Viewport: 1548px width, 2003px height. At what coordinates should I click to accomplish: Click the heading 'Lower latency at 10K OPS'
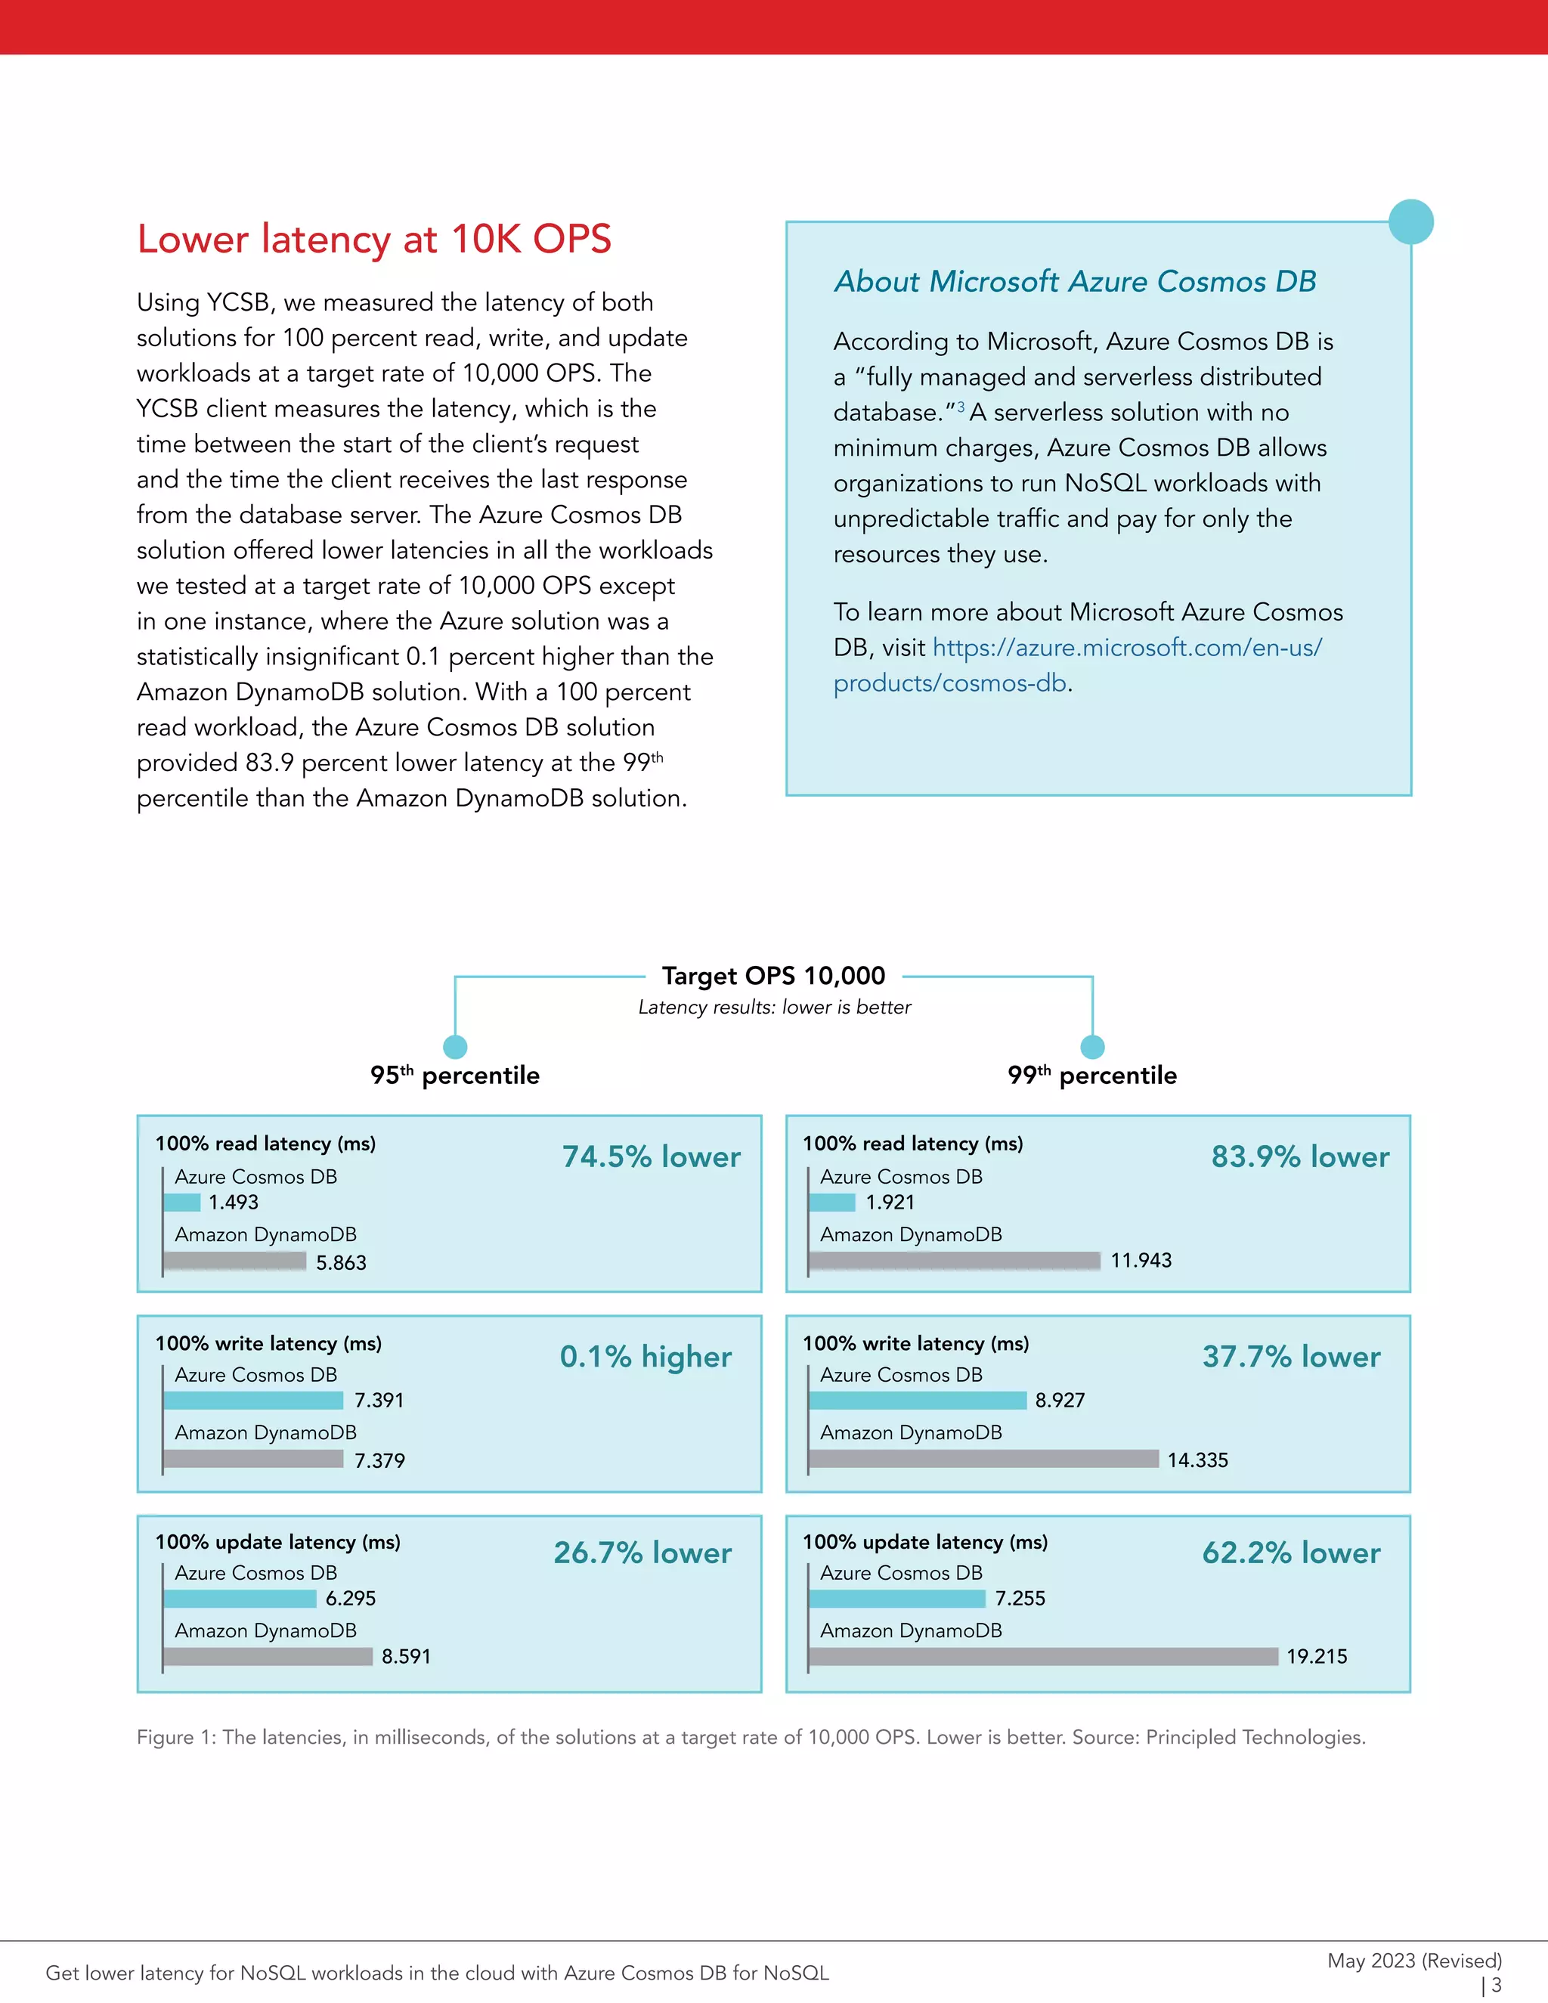pos(373,240)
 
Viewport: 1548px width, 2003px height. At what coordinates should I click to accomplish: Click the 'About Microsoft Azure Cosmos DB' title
pos(1075,282)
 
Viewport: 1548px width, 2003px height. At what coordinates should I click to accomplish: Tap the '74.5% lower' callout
pos(650,1156)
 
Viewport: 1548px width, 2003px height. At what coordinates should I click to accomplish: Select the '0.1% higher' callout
pos(646,1357)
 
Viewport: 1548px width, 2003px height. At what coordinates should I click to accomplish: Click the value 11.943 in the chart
pos(1140,1261)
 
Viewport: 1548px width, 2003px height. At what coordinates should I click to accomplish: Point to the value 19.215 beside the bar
pos(1316,1656)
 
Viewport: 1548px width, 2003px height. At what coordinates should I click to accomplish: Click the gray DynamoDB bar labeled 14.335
pos(983,1459)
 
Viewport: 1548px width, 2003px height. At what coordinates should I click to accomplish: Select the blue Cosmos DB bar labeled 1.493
pos(181,1203)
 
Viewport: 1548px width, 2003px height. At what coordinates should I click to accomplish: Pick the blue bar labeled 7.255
pos(897,1599)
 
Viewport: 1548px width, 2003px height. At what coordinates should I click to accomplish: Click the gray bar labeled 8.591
pos(268,1656)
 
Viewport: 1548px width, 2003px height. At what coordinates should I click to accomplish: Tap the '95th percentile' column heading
pos(455,1075)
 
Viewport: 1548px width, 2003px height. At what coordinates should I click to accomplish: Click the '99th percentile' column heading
pos(1091,1075)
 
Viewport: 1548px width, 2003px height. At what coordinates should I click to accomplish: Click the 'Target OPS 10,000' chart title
pos(773,976)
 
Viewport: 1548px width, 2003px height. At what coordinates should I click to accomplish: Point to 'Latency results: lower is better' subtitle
pos(774,1007)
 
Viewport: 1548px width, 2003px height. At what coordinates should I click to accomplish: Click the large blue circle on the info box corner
pos(1410,222)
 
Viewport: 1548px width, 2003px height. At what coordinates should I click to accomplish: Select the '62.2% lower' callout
pos(1290,1553)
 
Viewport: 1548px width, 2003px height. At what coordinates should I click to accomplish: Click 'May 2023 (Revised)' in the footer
pos(1413,1961)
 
